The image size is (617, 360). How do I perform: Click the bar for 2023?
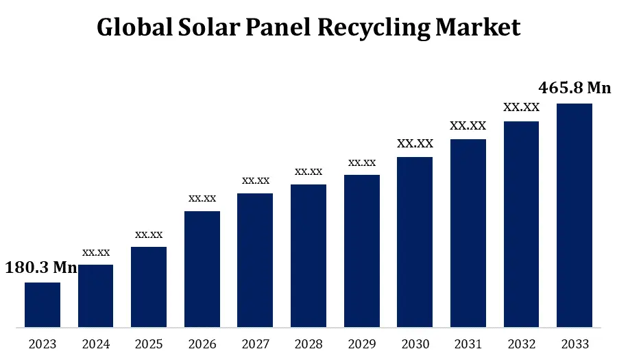point(43,304)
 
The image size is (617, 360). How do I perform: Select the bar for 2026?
point(202,269)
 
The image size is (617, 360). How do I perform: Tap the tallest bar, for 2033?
point(574,215)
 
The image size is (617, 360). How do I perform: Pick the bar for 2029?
point(362,251)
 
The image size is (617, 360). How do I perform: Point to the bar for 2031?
point(468,233)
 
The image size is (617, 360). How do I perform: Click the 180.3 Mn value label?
point(41,268)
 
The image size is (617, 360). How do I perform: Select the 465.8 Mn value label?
point(574,88)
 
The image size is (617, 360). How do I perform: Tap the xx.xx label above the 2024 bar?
point(96,252)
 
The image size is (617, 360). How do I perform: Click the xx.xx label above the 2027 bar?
point(256,180)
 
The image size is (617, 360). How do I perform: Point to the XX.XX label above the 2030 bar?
point(415,143)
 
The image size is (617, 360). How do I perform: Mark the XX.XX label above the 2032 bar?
point(522,107)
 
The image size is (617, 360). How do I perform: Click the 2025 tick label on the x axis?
point(149,344)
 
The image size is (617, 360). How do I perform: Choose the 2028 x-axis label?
point(308,344)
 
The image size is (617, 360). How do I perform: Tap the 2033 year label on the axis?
point(574,344)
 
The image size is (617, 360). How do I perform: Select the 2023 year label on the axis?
point(43,344)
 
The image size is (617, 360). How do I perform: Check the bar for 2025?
point(149,287)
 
